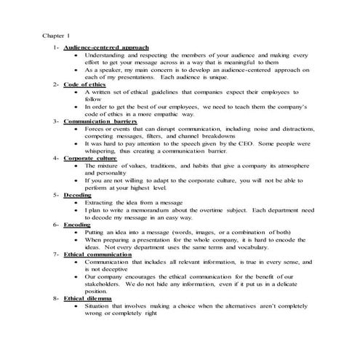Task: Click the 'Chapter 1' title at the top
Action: (57, 35)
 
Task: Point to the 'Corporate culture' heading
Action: (89, 157)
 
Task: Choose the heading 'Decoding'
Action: (77, 194)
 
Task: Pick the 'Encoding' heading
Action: (77, 224)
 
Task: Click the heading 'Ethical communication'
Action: (97, 254)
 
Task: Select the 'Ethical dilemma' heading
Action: (89, 298)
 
